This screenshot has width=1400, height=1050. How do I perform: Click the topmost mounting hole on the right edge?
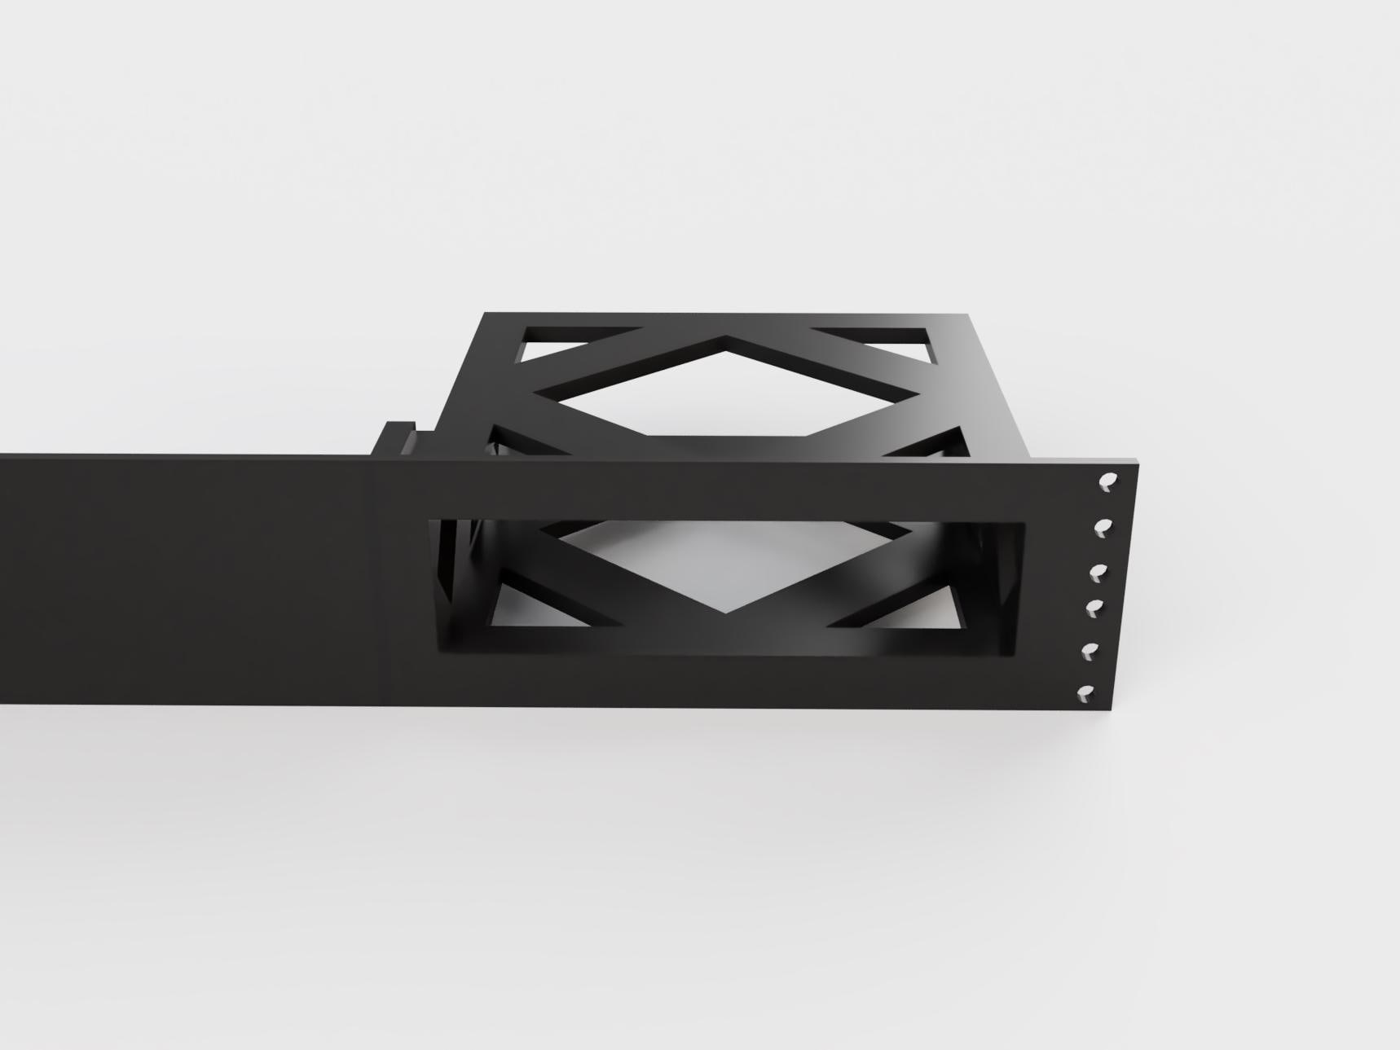click(1107, 482)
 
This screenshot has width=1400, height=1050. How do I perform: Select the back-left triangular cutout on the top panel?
click(562, 340)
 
